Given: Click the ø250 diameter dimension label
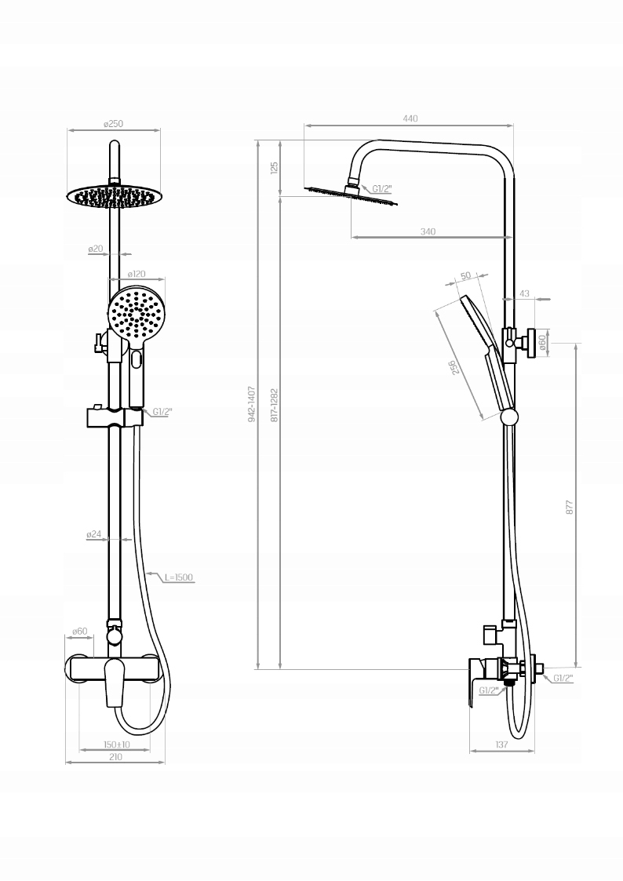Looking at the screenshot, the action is click(114, 124).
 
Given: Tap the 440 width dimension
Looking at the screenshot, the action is click(410, 118).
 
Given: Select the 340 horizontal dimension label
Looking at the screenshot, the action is click(428, 231).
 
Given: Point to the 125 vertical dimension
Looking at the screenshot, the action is click(274, 167).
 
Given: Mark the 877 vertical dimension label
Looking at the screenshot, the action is click(569, 508).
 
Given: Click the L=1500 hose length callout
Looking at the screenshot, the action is click(179, 577).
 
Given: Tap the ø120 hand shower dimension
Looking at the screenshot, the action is click(137, 275).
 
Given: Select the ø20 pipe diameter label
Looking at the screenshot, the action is click(96, 249).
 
